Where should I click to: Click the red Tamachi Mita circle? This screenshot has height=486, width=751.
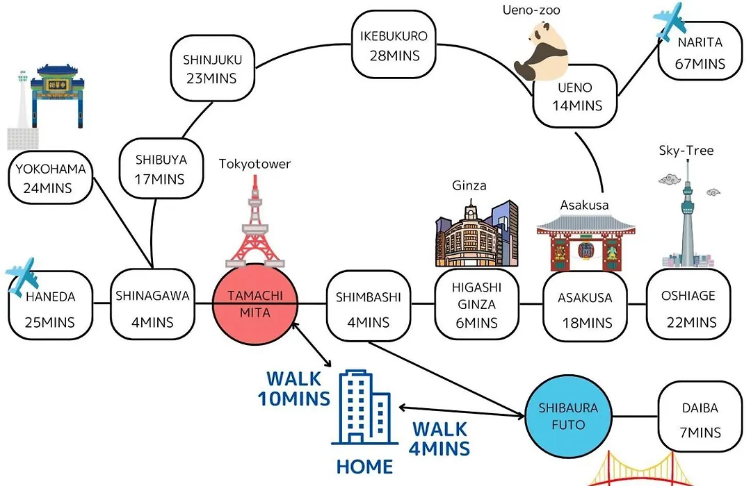(255, 304)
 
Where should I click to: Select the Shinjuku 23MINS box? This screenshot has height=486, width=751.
(212, 68)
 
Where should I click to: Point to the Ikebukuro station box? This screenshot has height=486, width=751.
(394, 45)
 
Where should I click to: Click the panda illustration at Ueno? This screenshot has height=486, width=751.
(540, 51)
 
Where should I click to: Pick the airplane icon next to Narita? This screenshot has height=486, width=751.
(670, 22)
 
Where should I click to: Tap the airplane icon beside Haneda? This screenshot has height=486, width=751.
(22, 276)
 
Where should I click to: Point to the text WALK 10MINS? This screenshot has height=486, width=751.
(293, 388)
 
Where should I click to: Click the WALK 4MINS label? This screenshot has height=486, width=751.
(439, 439)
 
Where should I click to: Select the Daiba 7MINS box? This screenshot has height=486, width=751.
(700, 416)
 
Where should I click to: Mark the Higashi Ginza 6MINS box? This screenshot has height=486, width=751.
(476, 305)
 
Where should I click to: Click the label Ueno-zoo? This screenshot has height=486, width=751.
(531, 10)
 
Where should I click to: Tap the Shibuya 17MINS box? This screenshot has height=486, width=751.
(161, 169)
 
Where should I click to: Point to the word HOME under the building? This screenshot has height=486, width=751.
(364, 467)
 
